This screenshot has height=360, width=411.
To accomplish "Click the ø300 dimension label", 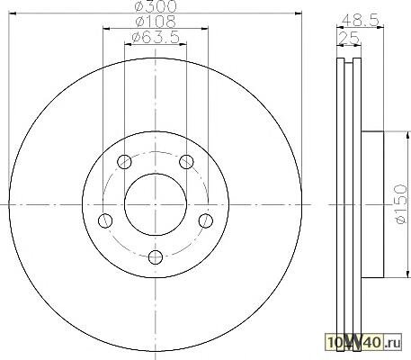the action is (x=156, y=6).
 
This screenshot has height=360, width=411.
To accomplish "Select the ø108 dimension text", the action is (x=156, y=22).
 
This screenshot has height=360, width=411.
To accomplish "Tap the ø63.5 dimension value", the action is (x=156, y=37).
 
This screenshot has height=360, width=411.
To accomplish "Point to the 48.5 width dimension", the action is (x=361, y=21).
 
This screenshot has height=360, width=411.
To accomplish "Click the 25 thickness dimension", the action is (x=349, y=38).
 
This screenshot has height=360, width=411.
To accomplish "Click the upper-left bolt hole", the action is (x=124, y=162).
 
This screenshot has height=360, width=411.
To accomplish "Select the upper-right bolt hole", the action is (x=186, y=162).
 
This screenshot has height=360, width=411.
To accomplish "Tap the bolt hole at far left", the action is (x=105, y=220).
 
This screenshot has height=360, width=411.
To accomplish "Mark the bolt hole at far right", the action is (x=206, y=220).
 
